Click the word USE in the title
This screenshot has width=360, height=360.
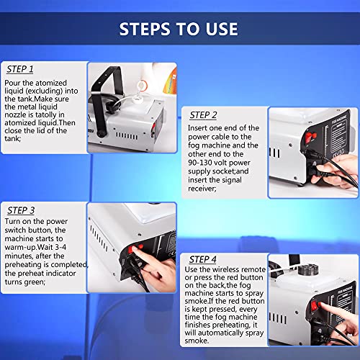pos(219,29)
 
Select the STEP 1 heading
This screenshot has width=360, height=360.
pos(20,70)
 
